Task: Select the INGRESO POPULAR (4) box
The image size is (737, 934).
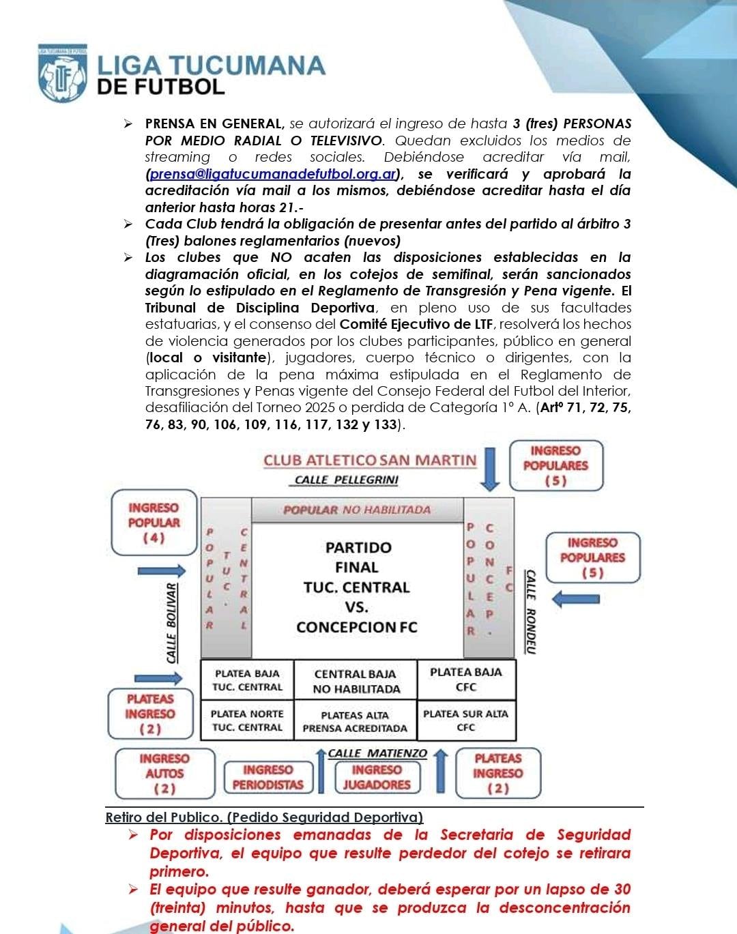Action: [x=154, y=523]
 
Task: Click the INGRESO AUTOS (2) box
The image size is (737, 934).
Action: [x=164, y=773]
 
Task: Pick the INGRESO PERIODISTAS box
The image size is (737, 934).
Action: [x=268, y=777]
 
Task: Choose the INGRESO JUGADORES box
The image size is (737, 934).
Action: [x=377, y=777]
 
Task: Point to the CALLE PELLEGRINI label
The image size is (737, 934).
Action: [x=346, y=480]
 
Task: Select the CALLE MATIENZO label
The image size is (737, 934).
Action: [x=377, y=753]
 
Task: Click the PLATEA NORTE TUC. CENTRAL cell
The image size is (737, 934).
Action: [x=247, y=720]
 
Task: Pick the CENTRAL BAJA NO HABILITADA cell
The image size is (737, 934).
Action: [x=356, y=681]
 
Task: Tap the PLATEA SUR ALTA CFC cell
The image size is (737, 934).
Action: [x=466, y=720]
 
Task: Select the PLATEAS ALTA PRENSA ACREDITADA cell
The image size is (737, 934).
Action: [x=355, y=722]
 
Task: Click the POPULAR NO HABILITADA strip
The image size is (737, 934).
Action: [x=357, y=510]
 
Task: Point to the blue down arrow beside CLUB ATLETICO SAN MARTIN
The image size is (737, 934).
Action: [x=490, y=469]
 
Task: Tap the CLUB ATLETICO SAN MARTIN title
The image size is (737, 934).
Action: [x=370, y=460]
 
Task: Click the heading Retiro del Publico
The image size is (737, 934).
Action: [x=264, y=817]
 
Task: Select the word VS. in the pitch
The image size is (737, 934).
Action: [x=356, y=607]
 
